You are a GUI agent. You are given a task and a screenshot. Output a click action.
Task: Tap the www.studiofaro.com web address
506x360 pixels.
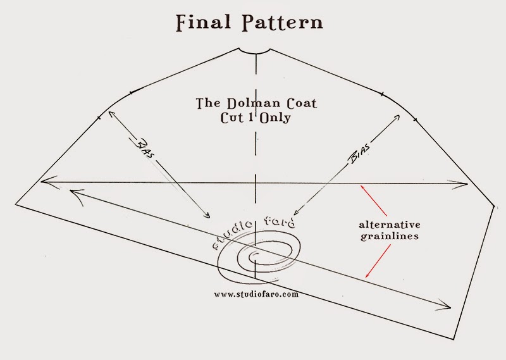[x=256, y=294]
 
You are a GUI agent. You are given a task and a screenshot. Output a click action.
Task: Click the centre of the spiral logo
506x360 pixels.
[x=255, y=256]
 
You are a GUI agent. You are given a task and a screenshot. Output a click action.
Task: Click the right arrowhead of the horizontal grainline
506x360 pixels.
[x=467, y=184]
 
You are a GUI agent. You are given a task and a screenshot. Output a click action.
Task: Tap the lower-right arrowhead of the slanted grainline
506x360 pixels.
[x=450, y=308]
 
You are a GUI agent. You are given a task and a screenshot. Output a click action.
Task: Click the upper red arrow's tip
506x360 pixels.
[x=359, y=185]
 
